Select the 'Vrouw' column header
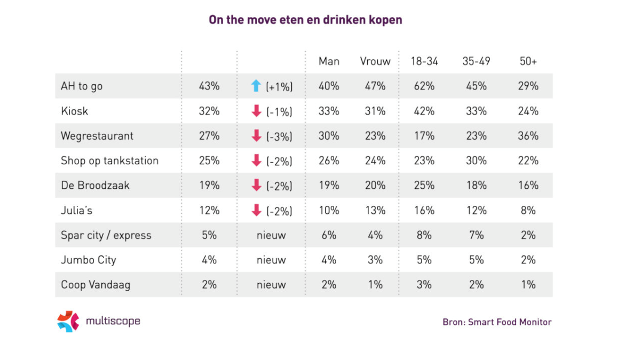tap(375, 61)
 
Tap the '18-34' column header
tap(424, 61)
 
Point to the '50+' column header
tap(528, 61)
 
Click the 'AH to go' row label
tap(82, 86)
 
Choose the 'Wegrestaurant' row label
tap(97, 136)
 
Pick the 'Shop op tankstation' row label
tap(109, 161)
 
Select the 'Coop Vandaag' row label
tap(95, 285)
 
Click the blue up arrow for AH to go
tap(256, 86)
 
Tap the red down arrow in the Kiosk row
tap(256, 111)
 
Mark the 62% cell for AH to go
tap(424, 86)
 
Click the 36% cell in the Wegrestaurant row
tap(528, 136)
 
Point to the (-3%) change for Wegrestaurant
tap(279, 137)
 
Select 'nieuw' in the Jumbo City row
tap(271, 260)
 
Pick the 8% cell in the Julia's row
tap(528, 211)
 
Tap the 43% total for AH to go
tap(209, 86)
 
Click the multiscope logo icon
tap(68, 322)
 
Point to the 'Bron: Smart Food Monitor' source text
tap(497, 322)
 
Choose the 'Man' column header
tap(329, 61)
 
